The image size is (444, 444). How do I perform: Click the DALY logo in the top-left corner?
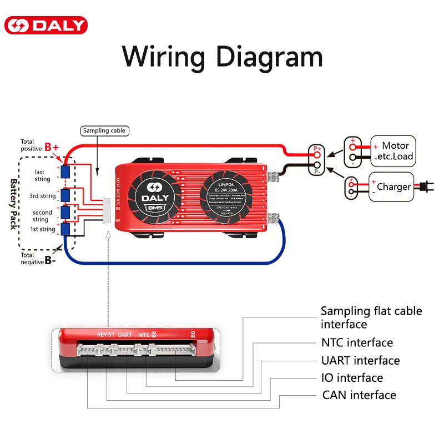(46, 26)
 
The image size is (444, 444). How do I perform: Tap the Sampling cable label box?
(104, 131)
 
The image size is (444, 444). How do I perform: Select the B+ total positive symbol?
(52, 147)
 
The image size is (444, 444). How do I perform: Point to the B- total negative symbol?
(51, 260)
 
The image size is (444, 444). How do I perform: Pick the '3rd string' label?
(43, 196)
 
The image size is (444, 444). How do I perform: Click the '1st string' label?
(43, 229)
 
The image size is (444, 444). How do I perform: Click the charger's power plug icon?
(429, 187)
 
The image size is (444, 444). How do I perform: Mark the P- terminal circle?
(317, 165)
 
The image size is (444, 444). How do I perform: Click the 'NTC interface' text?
(357, 342)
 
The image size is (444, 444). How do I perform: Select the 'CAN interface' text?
(359, 395)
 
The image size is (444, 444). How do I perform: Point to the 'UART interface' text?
(360, 360)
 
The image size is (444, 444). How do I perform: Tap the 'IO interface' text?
(352, 378)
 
